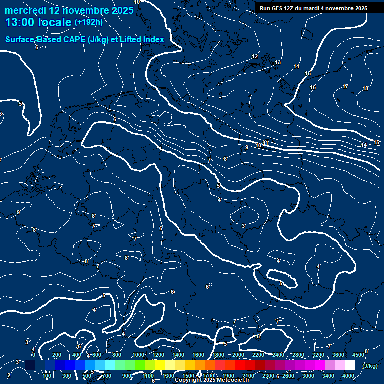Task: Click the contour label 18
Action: (365, 88)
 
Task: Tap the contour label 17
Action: (345, 86)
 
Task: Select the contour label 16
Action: (313, 87)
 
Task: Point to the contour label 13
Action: (278, 62)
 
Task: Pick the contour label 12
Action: (255, 56)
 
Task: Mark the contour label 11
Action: (265, 143)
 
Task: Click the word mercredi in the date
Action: (25, 10)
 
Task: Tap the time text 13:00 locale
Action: (38, 23)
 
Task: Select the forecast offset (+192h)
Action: (89, 22)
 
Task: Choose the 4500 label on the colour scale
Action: (358, 355)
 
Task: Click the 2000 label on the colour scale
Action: (238, 355)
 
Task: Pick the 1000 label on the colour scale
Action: (138, 355)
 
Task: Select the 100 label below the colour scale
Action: (47, 376)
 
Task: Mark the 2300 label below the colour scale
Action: (268, 376)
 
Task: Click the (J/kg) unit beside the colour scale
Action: (370, 366)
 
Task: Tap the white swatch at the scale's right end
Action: (350, 366)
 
